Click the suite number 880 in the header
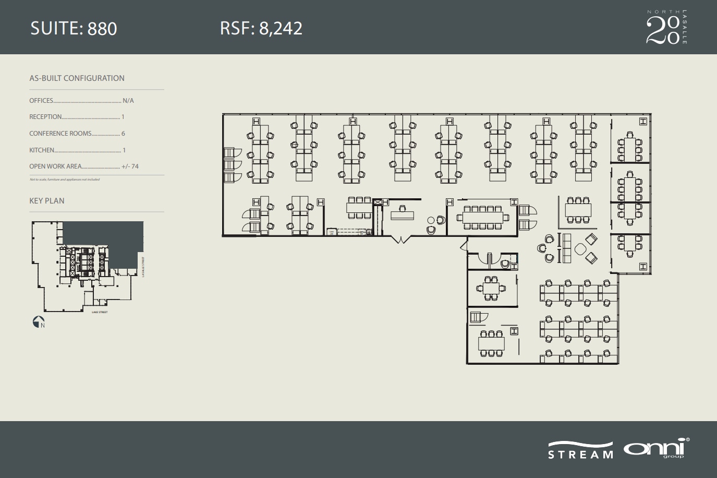click(102, 28)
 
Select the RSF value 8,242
click(281, 28)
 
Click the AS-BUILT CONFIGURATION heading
click(77, 78)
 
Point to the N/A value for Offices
click(128, 101)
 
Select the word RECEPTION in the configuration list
click(45, 117)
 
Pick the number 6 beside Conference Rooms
click(123, 134)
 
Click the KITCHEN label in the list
click(42, 150)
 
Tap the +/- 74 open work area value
click(130, 166)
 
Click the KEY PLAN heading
click(47, 201)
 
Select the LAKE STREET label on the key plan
click(99, 312)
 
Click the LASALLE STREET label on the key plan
click(143, 266)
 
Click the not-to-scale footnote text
click(65, 180)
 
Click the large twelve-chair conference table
click(482, 217)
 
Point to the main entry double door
click(401, 239)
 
